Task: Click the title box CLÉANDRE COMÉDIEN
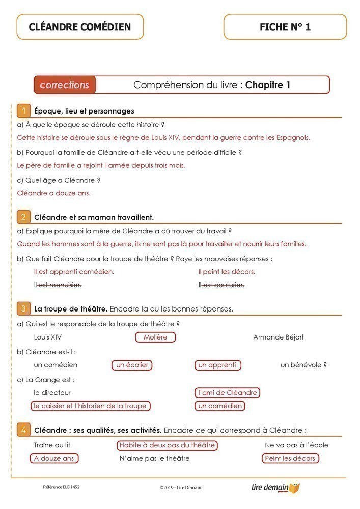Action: (x=80, y=27)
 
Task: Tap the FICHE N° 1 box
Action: (x=285, y=27)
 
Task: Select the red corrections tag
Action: (x=65, y=85)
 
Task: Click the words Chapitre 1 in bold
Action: (x=268, y=85)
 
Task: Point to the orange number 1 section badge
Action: (x=23, y=111)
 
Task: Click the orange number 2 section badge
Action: (x=23, y=217)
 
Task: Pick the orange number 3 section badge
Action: (x=23, y=308)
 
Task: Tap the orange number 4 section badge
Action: (x=23, y=430)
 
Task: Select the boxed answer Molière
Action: (x=155, y=337)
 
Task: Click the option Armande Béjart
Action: (x=279, y=337)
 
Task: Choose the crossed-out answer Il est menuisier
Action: (x=58, y=285)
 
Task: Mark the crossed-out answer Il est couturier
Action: (x=221, y=285)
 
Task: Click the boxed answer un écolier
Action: (x=132, y=365)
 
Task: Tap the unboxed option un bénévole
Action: (x=303, y=365)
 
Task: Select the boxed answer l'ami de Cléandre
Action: (x=227, y=392)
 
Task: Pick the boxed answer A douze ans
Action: (x=54, y=458)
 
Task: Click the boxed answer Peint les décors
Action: (x=290, y=458)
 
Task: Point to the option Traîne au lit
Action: (x=52, y=445)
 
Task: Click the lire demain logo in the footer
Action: (x=275, y=488)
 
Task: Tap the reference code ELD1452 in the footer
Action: (x=61, y=487)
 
